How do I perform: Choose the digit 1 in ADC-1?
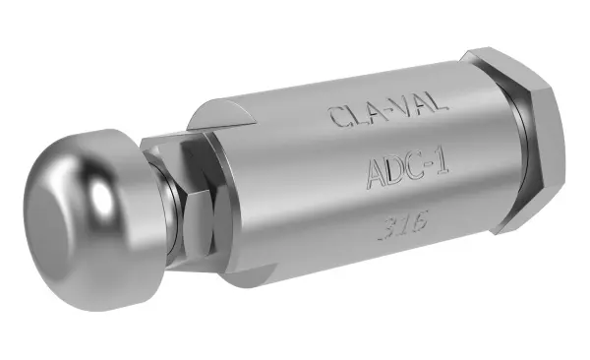point(443,163)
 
